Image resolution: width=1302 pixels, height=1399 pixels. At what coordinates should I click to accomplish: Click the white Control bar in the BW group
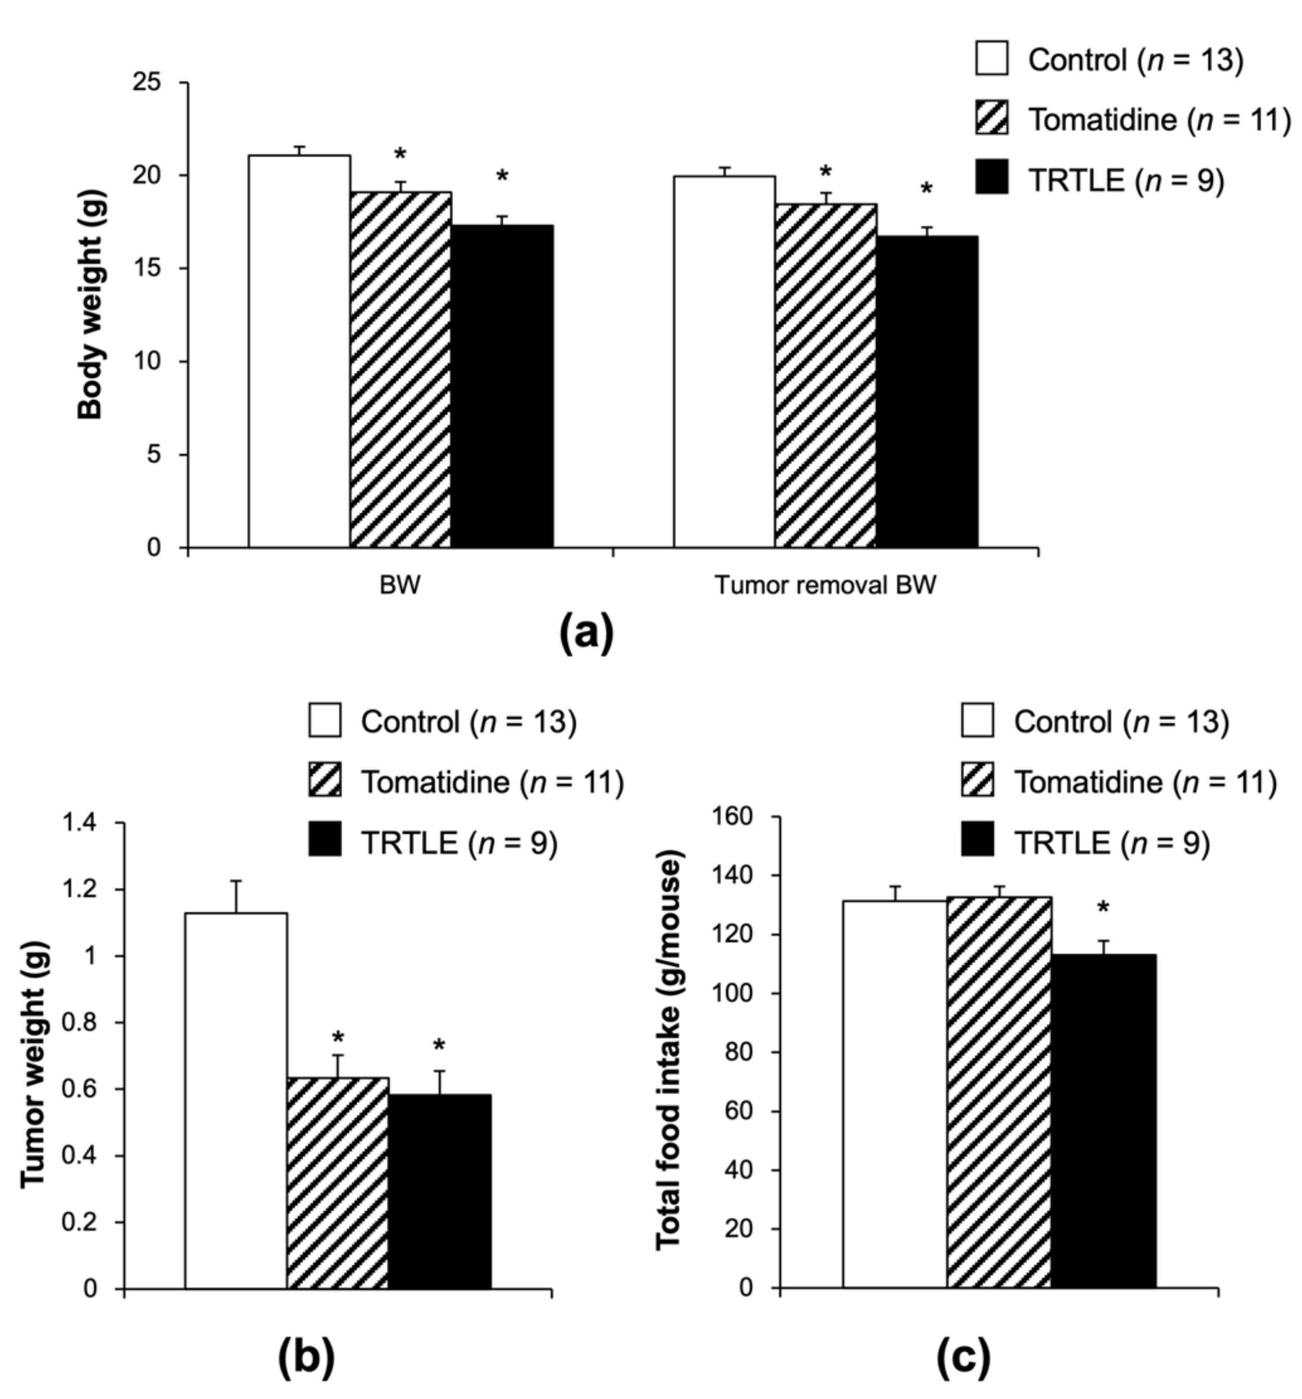[x=299, y=352]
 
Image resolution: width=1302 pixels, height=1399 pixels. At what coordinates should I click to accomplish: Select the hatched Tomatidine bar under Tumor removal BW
[x=825, y=377]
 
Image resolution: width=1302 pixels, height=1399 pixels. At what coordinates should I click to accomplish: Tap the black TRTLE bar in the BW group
[x=502, y=387]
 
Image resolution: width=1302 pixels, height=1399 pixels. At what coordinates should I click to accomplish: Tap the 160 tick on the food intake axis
[x=736, y=817]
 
